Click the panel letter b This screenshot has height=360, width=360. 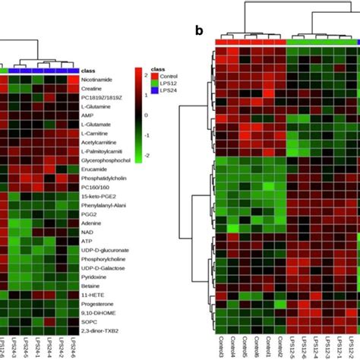(x=199, y=31)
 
